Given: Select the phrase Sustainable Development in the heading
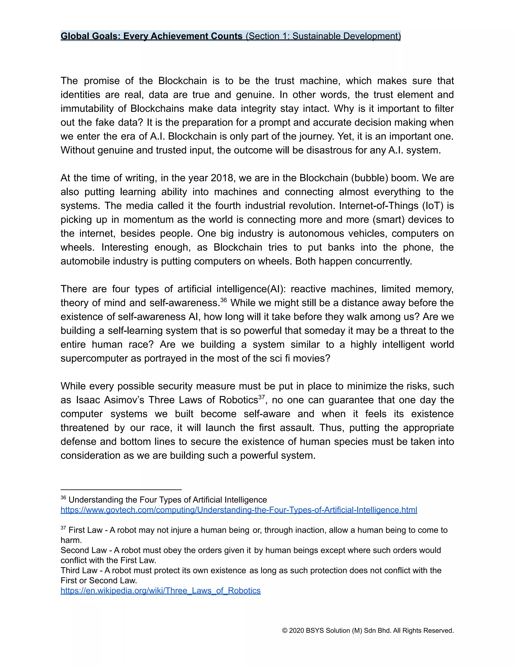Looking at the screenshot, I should [346, 36].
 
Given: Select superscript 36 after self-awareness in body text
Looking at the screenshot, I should [223, 300].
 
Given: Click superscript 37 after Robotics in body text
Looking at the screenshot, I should [262, 397].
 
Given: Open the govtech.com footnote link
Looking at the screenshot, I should [239, 510].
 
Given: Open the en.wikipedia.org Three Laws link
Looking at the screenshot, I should [160, 591].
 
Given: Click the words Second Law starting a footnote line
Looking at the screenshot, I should [83, 550].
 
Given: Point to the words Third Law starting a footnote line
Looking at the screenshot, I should [79, 570].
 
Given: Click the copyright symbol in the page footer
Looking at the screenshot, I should [285, 631].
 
